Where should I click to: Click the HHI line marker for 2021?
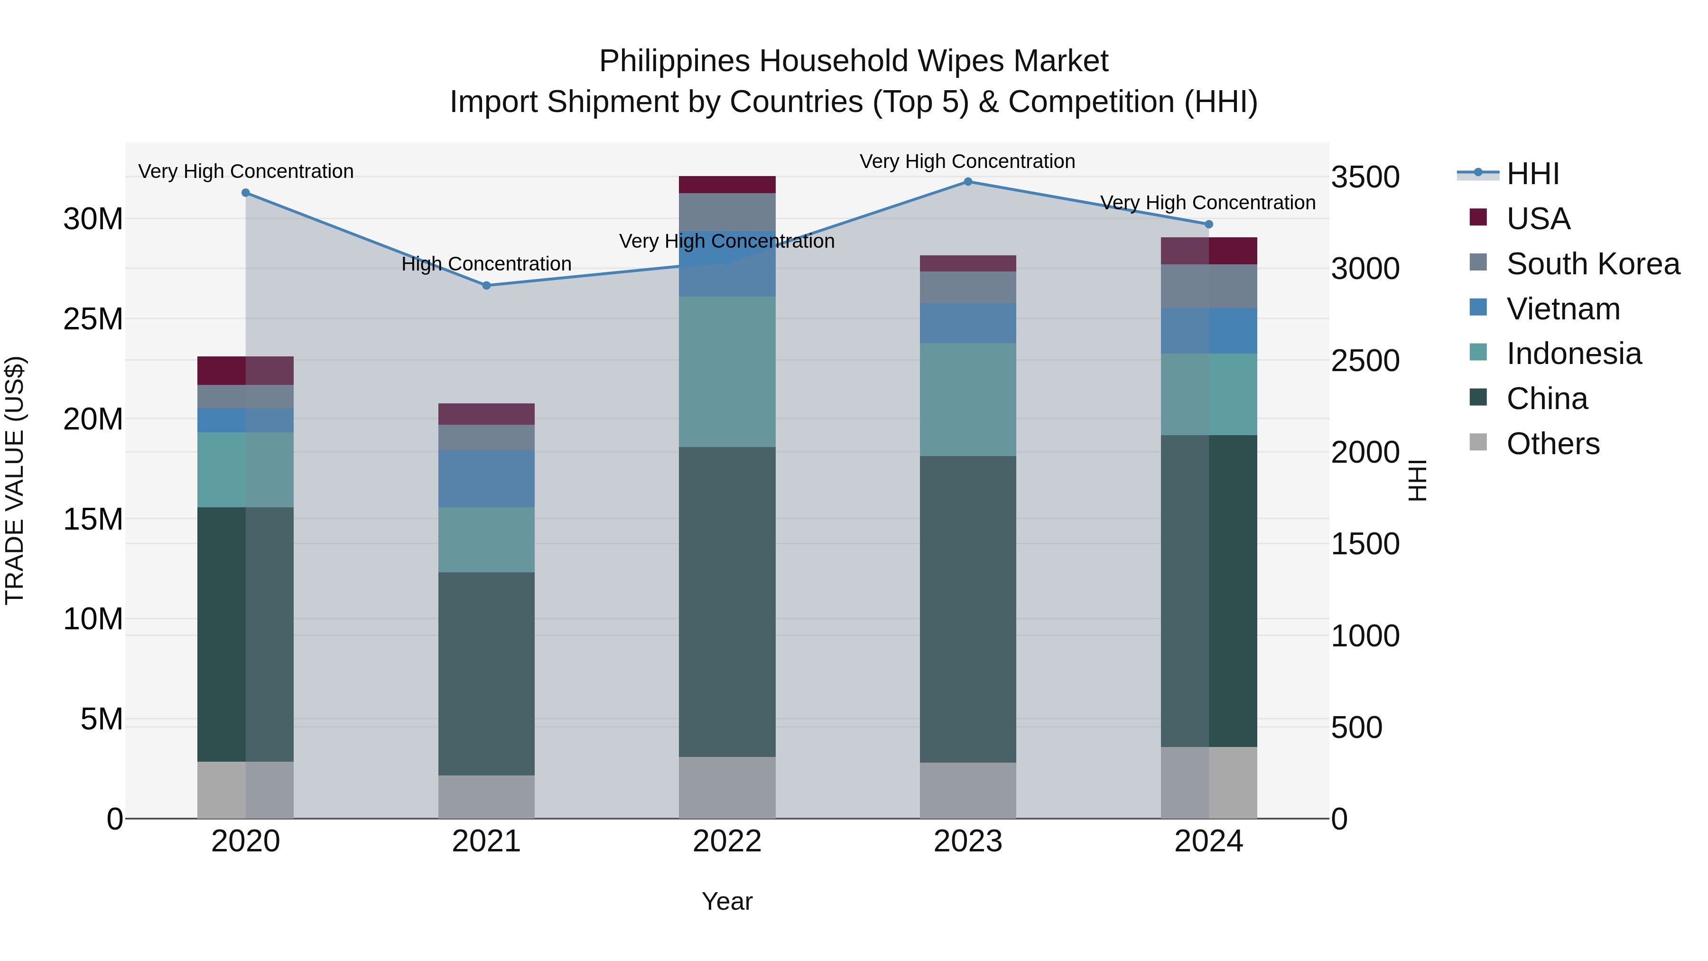coord(486,286)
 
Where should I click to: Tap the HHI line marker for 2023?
coord(967,182)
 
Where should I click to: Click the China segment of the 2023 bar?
coord(967,609)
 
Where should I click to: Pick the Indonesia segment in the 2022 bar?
coord(727,372)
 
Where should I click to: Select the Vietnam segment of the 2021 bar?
coord(486,479)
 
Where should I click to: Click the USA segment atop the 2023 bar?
coord(967,263)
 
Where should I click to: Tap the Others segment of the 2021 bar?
coord(486,796)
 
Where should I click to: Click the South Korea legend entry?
coord(1593,264)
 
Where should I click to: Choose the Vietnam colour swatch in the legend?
coord(1478,308)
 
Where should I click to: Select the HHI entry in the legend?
coord(1532,174)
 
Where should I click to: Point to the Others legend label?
coord(1553,444)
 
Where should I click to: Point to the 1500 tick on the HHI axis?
coord(1365,544)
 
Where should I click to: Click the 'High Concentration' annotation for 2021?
coord(486,264)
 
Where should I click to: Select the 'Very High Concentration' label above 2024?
coord(1207,203)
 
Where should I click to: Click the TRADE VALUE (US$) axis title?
coord(15,480)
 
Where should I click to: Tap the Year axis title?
coord(727,901)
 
